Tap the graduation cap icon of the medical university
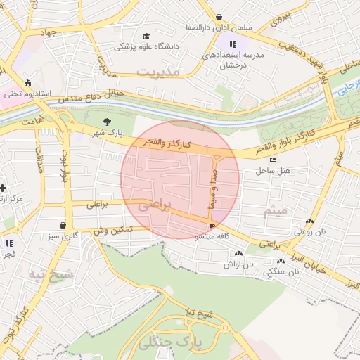click(146, 36)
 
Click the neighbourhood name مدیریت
click(158, 72)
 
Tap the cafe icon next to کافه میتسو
click(212, 226)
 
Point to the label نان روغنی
click(311, 231)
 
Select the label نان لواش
click(238, 264)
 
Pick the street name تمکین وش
click(110, 230)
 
